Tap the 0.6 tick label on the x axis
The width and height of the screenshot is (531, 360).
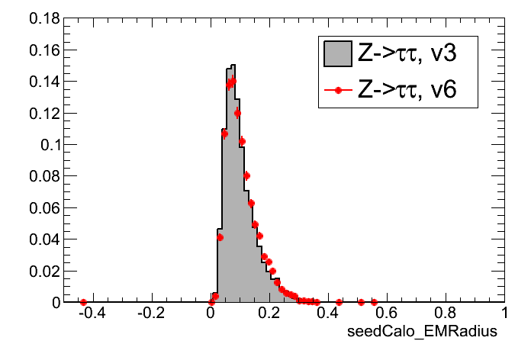(387, 313)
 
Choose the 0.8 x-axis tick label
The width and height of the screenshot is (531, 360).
(446, 313)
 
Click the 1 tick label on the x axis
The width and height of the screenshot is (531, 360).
(504, 313)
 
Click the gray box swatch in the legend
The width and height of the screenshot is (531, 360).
(336, 53)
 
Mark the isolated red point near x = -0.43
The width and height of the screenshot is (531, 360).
(83, 303)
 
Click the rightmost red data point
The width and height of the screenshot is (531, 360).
(374, 302)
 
